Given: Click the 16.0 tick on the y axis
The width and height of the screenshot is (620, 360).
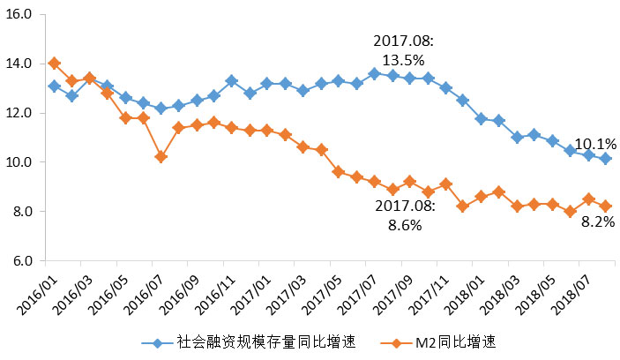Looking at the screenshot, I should click(19, 15).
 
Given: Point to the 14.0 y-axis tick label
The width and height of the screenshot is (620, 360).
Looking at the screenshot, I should click(19, 64).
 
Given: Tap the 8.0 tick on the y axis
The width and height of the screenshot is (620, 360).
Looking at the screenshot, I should click(21, 212).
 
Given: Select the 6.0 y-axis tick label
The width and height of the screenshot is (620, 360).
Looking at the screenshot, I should click(21, 261).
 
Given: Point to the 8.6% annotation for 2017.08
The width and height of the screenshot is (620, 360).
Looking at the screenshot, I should click(403, 215).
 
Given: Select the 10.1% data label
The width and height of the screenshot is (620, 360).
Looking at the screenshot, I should click(595, 144).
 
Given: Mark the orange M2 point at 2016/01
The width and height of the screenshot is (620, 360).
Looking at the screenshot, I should click(55, 64).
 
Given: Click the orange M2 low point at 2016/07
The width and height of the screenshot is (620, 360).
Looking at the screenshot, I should click(161, 157).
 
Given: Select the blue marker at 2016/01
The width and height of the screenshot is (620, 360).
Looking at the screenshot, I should click(55, 86).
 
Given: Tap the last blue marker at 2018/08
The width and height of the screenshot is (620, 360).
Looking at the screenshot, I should click(605, 159).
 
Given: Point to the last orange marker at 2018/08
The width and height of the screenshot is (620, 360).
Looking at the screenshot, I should click(605, 206).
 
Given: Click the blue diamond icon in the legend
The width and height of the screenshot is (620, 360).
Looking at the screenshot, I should click(156, 342).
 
